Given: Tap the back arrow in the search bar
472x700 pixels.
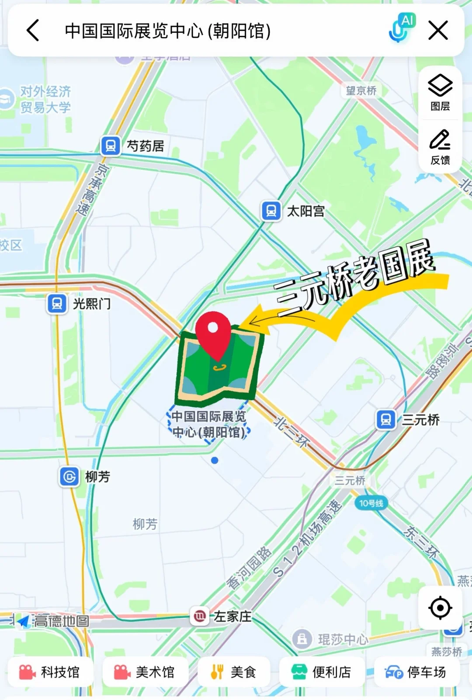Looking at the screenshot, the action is click(33, 31).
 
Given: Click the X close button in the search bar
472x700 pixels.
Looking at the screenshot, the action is click(438, 31).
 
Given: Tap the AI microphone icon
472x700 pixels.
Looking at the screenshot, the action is click(401, 29).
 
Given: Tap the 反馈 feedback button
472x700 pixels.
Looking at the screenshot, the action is click(440, 147).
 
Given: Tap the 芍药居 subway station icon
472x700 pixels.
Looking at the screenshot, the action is click(111, 146).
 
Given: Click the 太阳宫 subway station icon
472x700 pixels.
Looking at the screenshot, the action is click(271, 211).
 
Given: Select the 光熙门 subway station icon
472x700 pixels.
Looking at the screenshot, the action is click(57, 303).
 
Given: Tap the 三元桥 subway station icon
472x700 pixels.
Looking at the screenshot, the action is click(386, 420).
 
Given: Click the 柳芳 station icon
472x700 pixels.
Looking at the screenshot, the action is click(69, 476).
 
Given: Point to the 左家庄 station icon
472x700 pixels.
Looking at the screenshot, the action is click(199, 616).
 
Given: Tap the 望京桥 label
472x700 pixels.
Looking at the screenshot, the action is click(361, 90).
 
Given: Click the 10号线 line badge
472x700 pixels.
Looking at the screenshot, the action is click(371, 503).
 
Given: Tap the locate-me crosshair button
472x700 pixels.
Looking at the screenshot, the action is click(440, 607).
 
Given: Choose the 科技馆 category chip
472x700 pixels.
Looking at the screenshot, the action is click(50, 672).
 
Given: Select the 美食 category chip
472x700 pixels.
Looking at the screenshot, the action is click(233, 672).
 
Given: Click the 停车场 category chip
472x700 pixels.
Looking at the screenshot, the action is click(416, 672).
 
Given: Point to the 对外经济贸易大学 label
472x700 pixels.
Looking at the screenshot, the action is click(45, 100).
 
